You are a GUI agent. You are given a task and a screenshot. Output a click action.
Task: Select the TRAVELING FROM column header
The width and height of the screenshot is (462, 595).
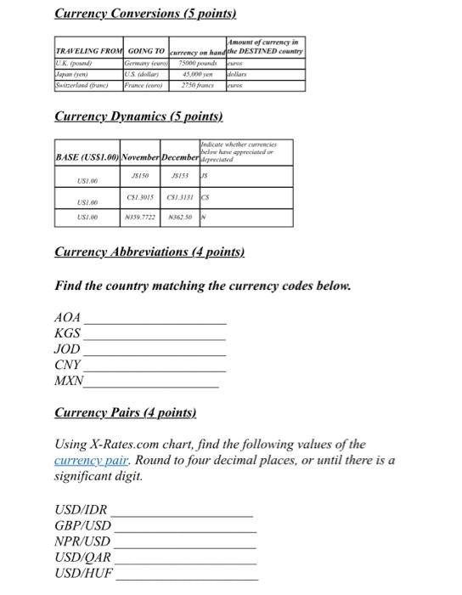tap(88, 52)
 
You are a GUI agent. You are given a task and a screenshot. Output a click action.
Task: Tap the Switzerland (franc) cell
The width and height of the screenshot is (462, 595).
tap(85, 87)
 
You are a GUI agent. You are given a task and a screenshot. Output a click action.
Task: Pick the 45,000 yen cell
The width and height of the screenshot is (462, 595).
tap(196, 75)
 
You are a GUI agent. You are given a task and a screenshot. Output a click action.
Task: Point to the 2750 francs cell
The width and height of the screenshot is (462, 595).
tap(196, 87)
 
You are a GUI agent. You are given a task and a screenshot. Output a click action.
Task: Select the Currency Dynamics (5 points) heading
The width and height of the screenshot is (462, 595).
tap(138, 116)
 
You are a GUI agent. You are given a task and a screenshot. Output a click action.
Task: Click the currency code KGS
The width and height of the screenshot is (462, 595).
tap(68, 333)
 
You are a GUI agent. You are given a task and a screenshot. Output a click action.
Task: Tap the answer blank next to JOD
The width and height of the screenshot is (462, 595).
tap(155, 352)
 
